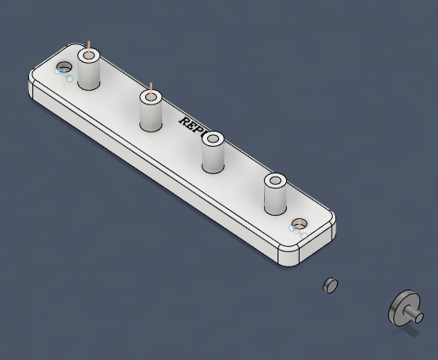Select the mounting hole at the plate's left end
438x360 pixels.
(x=63, y=66)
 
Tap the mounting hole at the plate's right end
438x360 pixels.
(x=298, y=224)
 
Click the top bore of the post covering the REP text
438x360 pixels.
(x=212, y=138)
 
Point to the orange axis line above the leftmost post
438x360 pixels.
(x=87, y=45)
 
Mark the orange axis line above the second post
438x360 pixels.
(x=150, y=87)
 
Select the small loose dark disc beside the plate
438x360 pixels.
(x=331, y=285)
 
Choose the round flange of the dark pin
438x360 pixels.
(x=402, y=307)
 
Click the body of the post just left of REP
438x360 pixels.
(x=151, y=116)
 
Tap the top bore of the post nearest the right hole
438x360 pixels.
(x=275, y=181)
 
